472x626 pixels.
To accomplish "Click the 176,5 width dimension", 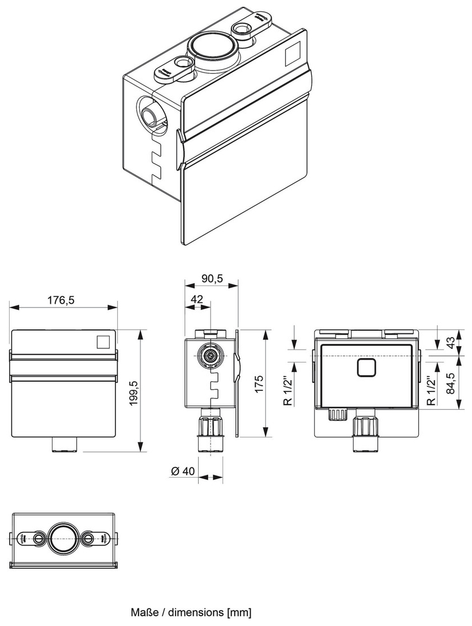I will click(62, 300).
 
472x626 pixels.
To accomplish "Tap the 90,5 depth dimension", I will click(212, 278).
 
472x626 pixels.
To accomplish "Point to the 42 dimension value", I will click(197, 299).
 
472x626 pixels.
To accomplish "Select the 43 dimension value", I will click(451, 342).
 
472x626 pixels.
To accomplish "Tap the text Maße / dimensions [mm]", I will click(191, 612).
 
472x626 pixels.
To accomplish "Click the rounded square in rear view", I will click(367, 368).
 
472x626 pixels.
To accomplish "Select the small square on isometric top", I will click(291, 54).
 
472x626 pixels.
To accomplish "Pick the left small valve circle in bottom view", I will click(38, 538).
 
